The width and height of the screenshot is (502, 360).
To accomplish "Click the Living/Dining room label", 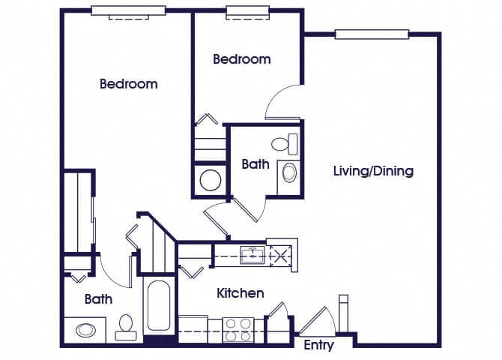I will pos(373,171).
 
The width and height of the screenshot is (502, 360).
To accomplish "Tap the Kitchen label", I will pos(241,293).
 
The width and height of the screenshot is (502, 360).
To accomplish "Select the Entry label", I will pos(318,346).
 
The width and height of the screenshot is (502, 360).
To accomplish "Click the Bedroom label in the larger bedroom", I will pos(129,84).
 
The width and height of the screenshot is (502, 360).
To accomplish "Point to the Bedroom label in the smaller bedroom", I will pos(241,59).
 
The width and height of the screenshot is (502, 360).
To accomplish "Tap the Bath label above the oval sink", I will pos(98,299).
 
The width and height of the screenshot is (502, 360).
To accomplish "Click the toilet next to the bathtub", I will pos(125,325).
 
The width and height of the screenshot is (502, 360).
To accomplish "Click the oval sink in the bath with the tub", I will pos(84,329).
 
